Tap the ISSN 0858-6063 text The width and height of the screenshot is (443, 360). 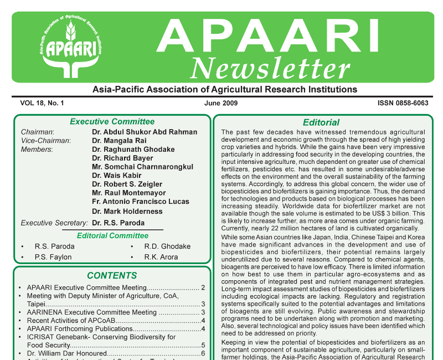pyautogui.click(x=403, y=103)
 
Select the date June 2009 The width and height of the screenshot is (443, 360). pyautogui.click(x=221, y=103)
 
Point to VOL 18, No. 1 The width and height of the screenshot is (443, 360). pyautogui.click(x=42, y=103)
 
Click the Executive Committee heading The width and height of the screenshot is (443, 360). pyautogui.click(x=112, y=122)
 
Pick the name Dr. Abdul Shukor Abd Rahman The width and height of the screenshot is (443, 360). pyautogui.click(x=144, y=132)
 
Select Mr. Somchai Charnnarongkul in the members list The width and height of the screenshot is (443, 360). pyautogui.click(x=142, y=167)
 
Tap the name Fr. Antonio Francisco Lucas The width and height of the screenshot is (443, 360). pyautogui.click(x=141, y=202)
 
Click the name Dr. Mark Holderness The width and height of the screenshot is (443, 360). pyautogui.click(x=127, y=211)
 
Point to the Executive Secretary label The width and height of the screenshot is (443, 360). pyautogui.click(x=54, y=223)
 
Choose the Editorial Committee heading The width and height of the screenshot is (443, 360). pyautogui.click(x=112, y=235)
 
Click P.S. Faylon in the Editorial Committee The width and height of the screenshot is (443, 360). pyautogui.click(x=53, y=257)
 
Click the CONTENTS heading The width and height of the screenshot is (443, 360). pyautogui.click(x=112, y=276)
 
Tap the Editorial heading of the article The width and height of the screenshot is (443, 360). pyautogui.click(x=321, y=122)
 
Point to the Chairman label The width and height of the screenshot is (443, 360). pyautogui.click(x=37, y=132)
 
